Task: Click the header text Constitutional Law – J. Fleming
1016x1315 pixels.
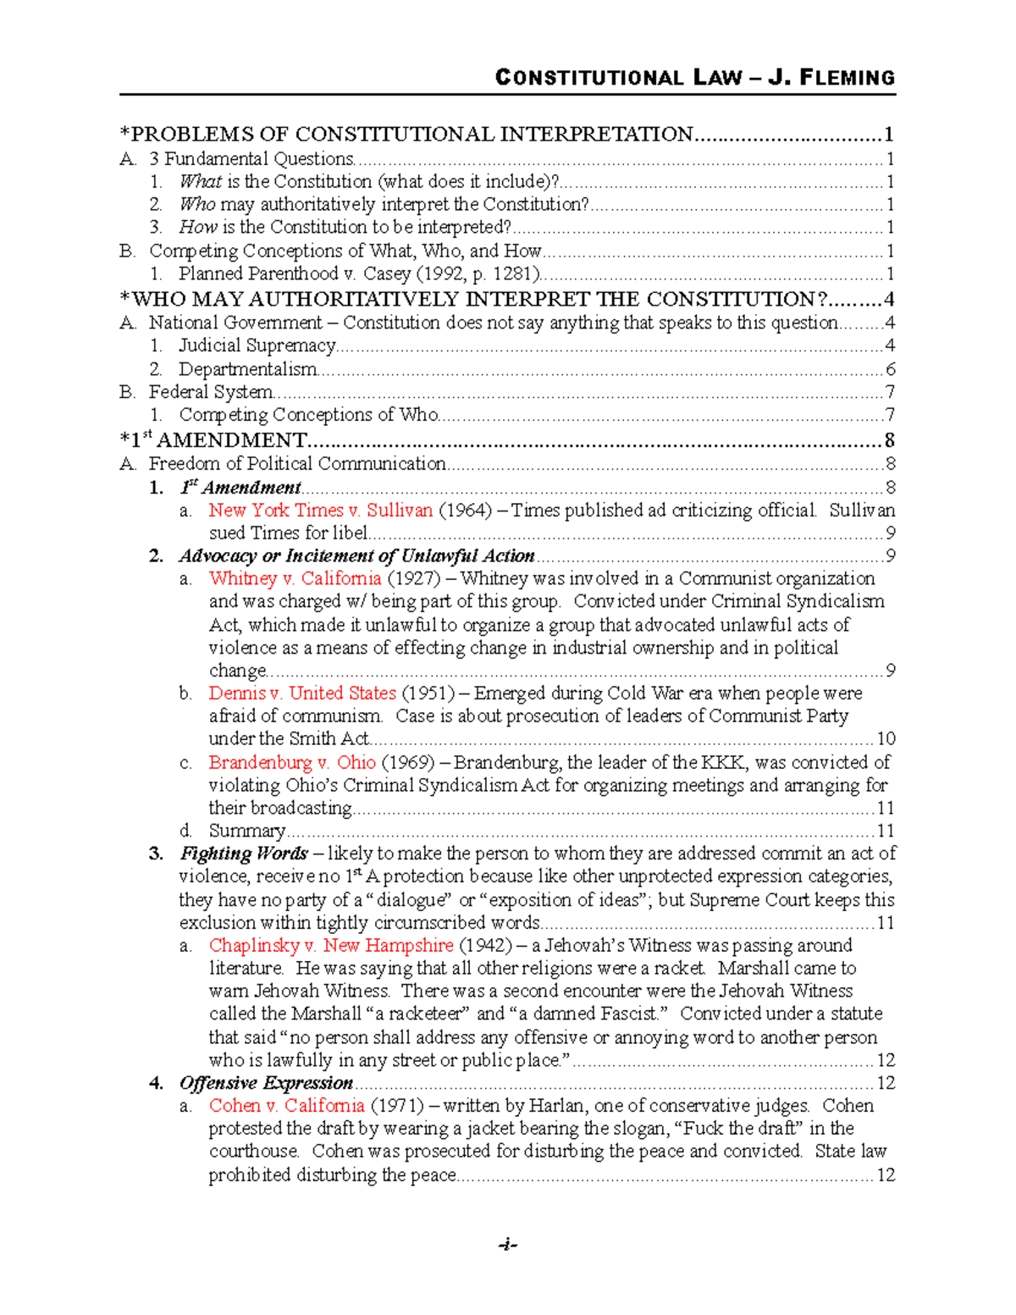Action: (694, 78)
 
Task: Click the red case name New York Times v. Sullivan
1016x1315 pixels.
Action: (320, 510)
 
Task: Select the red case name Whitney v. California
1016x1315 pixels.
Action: (295, 578)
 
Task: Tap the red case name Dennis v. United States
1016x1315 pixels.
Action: (302, 693)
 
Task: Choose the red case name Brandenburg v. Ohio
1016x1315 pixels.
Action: (291, 762)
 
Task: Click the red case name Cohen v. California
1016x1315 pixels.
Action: (286, 1105)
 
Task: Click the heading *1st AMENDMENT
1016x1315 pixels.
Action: (213, 440)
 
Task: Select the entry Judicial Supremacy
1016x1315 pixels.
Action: (257, 345)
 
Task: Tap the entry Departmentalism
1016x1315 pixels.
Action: (247, 369)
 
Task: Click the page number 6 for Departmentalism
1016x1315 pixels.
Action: (890, 369)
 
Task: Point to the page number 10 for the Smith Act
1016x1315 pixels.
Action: (886, 738)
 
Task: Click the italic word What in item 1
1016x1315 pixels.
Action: (200, 181)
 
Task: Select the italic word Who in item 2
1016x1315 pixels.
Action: (197, 204)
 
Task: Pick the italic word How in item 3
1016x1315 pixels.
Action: (198, 227)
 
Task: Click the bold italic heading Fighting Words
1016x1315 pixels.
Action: (243, 854)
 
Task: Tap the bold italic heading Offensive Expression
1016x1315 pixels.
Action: (266, 1083)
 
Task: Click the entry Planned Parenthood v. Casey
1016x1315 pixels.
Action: (359, 273)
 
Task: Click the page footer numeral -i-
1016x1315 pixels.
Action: (507, 1244)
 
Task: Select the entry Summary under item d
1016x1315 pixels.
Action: (246, 831)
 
